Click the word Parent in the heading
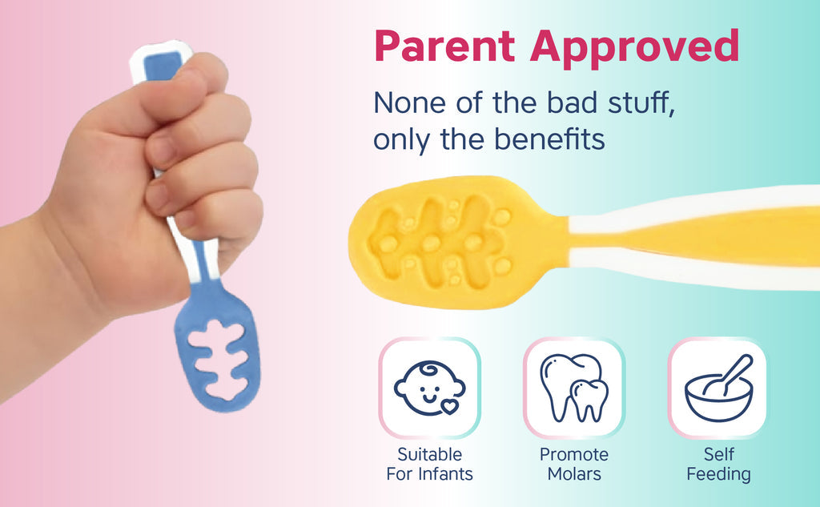tap(445, 46)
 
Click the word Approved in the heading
tap(635, 48)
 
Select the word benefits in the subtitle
tap(549, 139)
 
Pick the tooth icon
tap(574, 388)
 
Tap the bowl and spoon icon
tap(719, 388)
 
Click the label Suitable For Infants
tap(429, 464)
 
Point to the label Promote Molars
tap(574, 464)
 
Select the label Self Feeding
tap(719, 464)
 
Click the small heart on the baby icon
tap(449, 406)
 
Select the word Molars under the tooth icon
tap(574, 473)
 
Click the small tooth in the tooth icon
tap(589, 400)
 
